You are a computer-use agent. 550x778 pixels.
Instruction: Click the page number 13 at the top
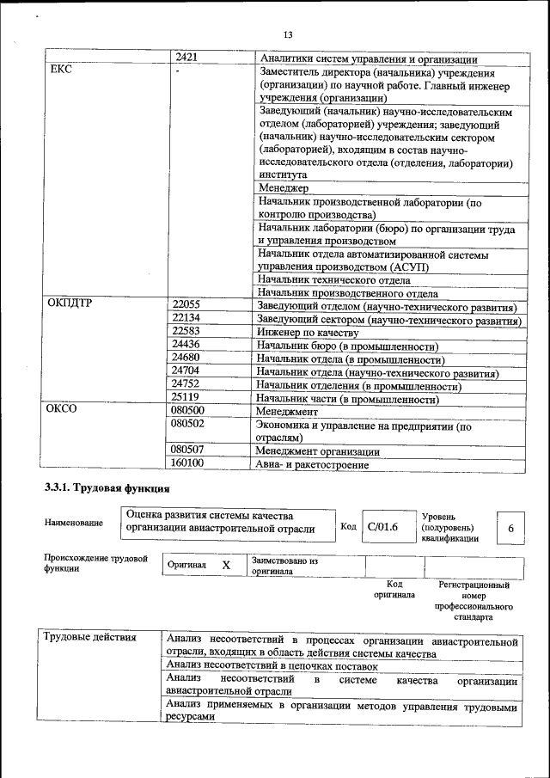(x=288, y=34)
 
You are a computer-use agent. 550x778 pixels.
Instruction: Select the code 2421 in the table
(x=186, y=58)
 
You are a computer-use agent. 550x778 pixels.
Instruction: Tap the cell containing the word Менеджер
(x=283, y=187)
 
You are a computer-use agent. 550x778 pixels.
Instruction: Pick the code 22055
(x=186, y=304)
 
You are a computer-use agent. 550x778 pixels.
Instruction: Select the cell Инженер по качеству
(x=307, y=332)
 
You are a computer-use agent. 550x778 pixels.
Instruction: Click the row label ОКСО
(x=61, y=409)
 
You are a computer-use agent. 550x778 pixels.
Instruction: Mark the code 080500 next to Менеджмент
(x=188, y=410)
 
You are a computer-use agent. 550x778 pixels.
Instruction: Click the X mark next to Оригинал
(x=226, y=565)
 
